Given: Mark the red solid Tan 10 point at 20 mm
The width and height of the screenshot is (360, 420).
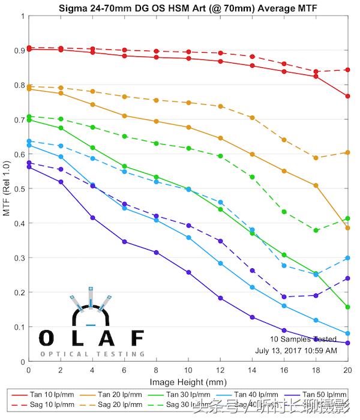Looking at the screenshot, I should coord(347,96).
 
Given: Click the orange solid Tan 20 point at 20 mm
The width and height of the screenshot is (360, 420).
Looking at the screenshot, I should coord(347,228).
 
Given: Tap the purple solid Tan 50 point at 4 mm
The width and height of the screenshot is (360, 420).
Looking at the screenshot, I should coord(92,217).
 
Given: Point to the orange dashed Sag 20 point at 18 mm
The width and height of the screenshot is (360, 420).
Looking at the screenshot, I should coord(316,158).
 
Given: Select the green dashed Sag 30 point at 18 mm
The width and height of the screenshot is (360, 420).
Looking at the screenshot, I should coord(316,230).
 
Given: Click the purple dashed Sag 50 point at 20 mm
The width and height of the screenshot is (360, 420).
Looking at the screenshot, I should coord(347,278).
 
